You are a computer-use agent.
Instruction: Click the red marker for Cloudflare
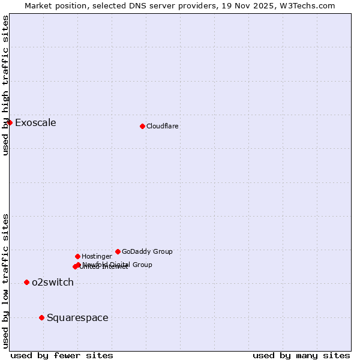[142, 126]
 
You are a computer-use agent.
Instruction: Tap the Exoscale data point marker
[10, 122]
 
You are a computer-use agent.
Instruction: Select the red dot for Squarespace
[41, 317]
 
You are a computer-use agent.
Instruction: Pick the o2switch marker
[26, 282]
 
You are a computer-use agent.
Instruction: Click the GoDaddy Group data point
[118, 251]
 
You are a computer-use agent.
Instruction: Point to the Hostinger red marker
[77, 256]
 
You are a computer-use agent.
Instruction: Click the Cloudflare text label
[162, 126]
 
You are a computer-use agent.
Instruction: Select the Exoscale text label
[35, 123]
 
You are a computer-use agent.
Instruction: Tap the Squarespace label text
[77, 318]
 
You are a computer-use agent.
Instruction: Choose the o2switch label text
[53, 283]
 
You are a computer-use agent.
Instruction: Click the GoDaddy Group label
[147, 251]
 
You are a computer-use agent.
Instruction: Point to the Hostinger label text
[97, 256]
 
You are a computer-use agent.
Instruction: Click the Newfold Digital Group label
[117, 265]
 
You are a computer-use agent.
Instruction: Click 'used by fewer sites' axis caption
[62, 355]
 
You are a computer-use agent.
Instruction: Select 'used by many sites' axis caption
[301, 355]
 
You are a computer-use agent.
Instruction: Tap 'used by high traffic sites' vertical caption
[5, 85]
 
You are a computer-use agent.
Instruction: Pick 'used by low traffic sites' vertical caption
[5, 281]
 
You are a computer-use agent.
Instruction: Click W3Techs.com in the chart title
[308, 5]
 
